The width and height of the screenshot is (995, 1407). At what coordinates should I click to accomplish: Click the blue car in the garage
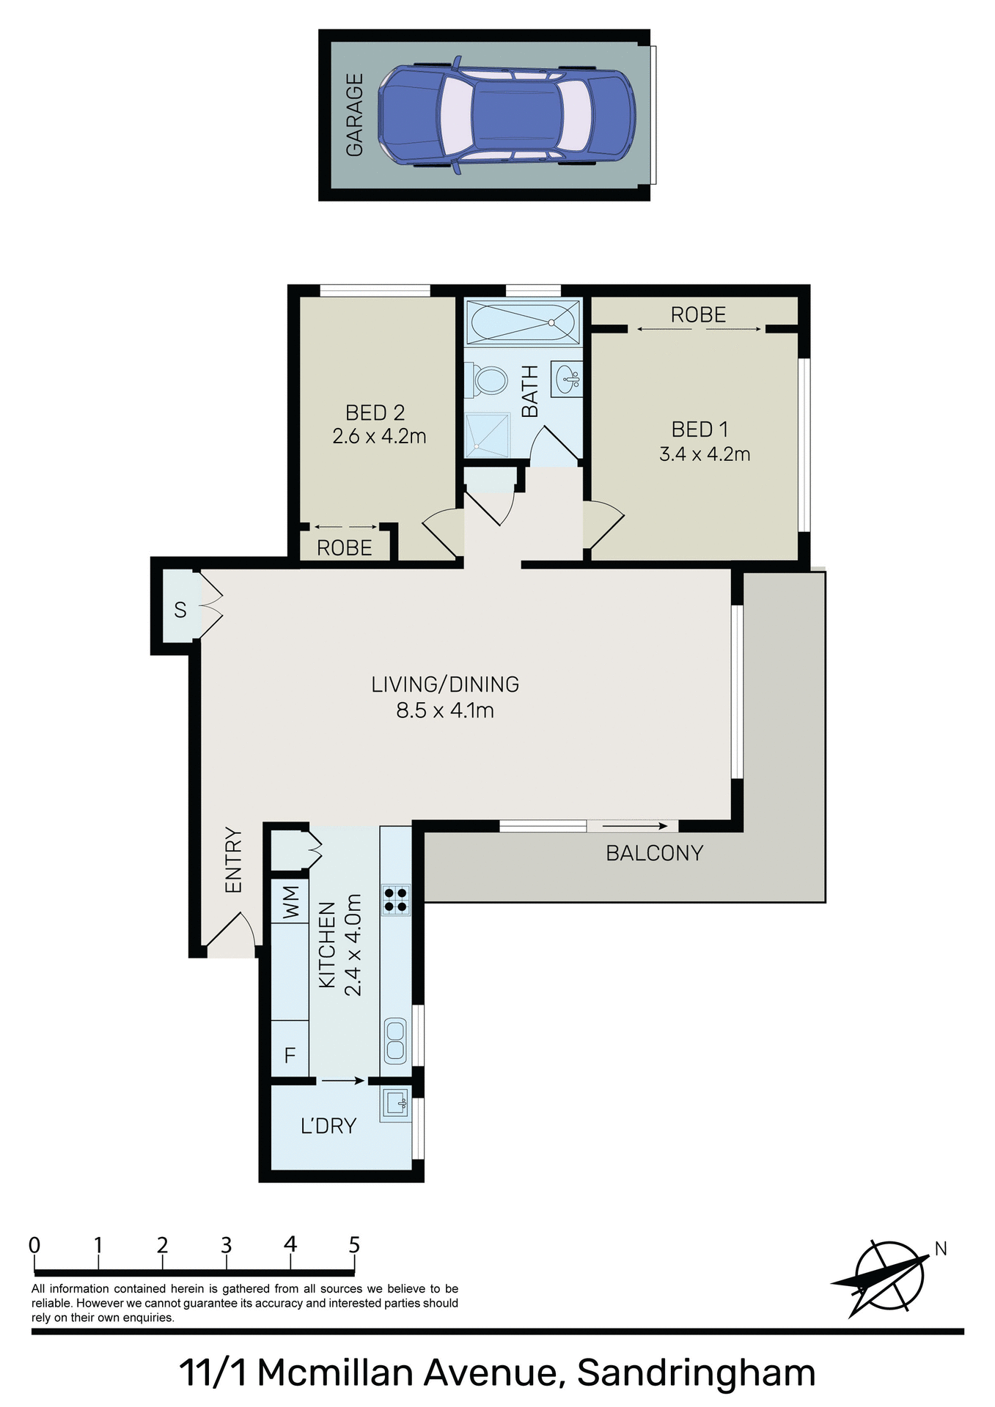[506, 115]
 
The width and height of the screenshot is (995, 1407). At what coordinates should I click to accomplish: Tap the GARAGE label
[355, 115]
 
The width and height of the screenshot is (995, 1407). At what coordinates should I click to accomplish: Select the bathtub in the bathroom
[523, 322]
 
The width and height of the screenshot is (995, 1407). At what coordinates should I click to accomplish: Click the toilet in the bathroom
[490, 381]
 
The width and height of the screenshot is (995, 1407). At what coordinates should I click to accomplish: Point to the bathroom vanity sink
[567, 380]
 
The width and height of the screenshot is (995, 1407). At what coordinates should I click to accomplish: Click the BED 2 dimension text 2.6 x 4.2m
[379, 437]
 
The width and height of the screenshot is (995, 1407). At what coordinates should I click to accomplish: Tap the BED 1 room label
[700, 429]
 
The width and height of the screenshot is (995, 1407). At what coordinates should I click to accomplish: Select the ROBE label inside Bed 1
[698, 315]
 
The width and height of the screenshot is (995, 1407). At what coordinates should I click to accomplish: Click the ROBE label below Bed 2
[344, 548]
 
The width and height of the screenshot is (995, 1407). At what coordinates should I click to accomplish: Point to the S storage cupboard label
[180, 610]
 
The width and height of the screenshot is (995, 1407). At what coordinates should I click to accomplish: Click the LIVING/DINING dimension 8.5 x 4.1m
[445, 710]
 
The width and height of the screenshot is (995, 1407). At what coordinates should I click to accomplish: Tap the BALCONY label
[654, 853]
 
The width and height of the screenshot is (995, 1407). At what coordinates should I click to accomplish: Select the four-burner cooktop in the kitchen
[396, 900]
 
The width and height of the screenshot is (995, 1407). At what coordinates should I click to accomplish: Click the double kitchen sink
[395, 1041]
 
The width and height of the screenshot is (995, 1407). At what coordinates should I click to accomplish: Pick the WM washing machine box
[290, 903]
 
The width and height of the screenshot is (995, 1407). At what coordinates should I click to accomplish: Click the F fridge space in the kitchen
[290, 1055]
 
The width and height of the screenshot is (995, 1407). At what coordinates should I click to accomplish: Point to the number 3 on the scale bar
[226, 1245]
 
